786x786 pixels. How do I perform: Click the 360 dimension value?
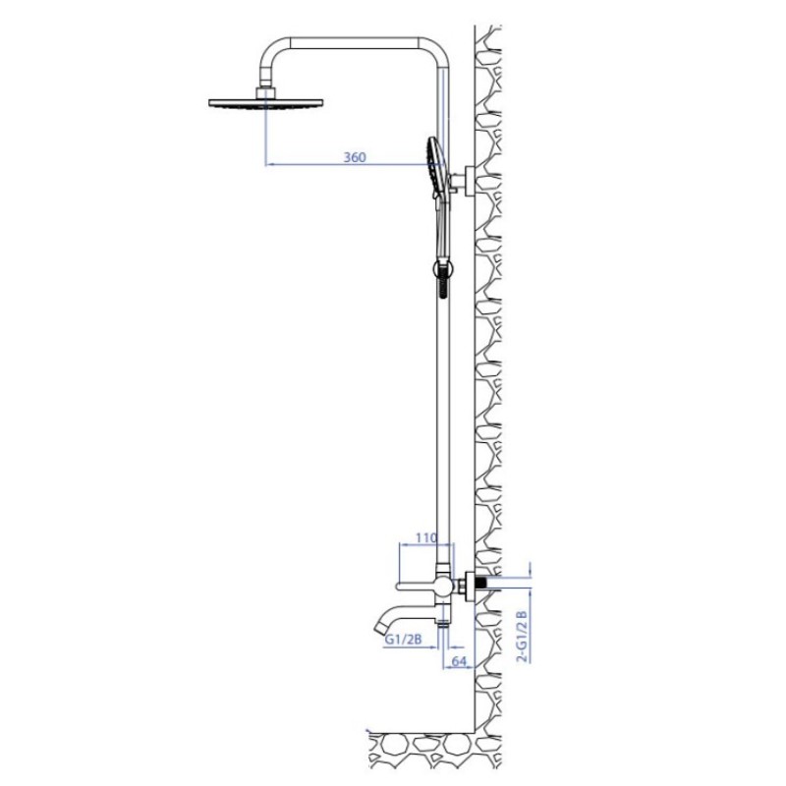point(355,157)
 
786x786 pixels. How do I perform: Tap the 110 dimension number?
point(426,537)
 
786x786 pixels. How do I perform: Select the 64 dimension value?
point(459,661)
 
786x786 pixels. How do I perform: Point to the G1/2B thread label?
point(403,640)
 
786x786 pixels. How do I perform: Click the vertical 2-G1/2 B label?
point(523,636)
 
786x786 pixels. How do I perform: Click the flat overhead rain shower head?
point(265,104)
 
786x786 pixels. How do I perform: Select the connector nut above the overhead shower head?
point(266,93)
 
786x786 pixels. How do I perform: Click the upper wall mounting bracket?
point(465,180)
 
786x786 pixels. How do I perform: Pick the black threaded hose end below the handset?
point(443,282)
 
